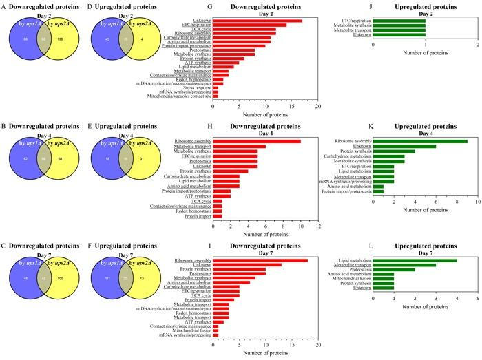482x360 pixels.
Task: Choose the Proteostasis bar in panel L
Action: coord(394,269)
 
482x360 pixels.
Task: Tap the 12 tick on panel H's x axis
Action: coord(318,226)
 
